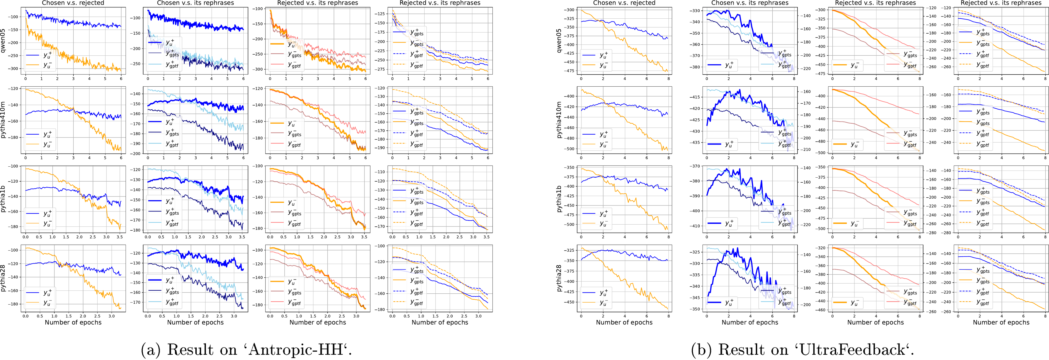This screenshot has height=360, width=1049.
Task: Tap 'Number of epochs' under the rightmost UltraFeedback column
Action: [1001, 322]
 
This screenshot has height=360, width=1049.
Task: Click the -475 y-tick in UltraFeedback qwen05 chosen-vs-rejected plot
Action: [570, 71]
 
